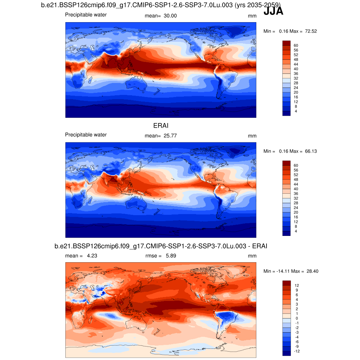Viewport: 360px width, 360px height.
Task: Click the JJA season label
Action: [273, 12]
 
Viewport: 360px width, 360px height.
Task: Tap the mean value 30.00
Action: [170, 16]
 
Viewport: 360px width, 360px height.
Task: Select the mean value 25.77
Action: [170, 136]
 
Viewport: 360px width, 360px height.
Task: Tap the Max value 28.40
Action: [312, 271]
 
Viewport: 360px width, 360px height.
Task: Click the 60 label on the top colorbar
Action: [296, 45]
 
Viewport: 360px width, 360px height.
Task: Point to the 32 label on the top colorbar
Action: [296, 78]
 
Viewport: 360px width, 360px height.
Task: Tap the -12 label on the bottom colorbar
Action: [297, 351]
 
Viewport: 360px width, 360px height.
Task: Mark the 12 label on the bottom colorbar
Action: [297, 285]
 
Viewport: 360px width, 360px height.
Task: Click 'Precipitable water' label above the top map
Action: [86, 15]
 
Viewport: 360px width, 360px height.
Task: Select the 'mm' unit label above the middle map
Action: [252, 136]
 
